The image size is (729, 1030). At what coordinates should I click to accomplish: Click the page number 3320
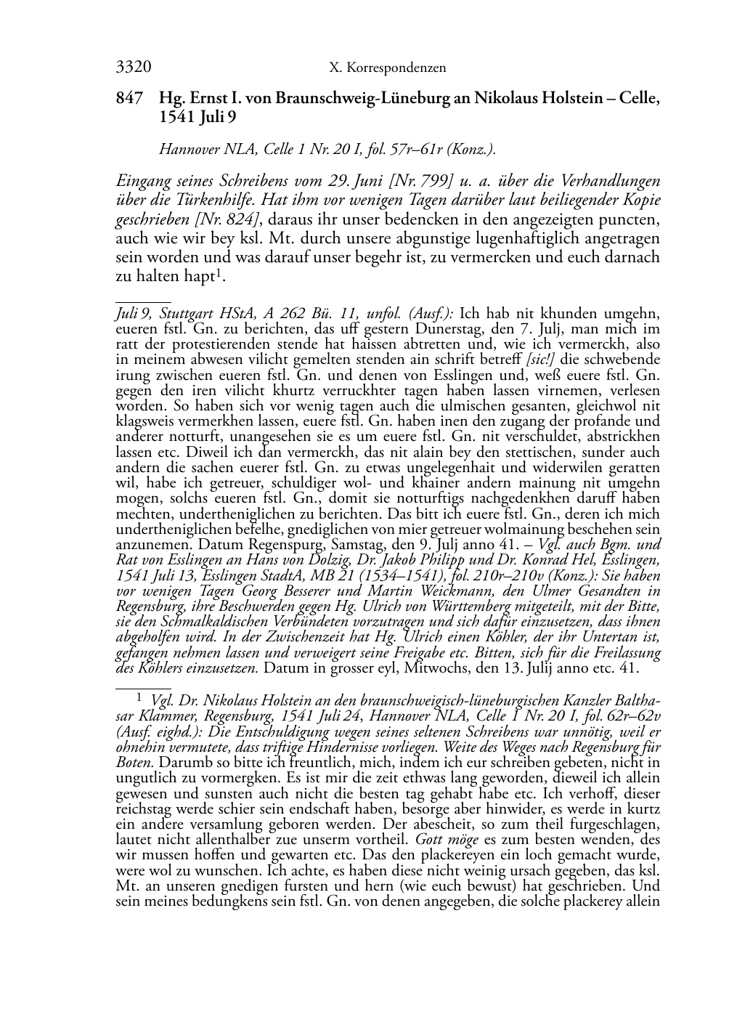pyautogui.click(x=134, y=68)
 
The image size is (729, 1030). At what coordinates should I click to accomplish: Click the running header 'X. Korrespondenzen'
pyautogui.click(x=388, y=69)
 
